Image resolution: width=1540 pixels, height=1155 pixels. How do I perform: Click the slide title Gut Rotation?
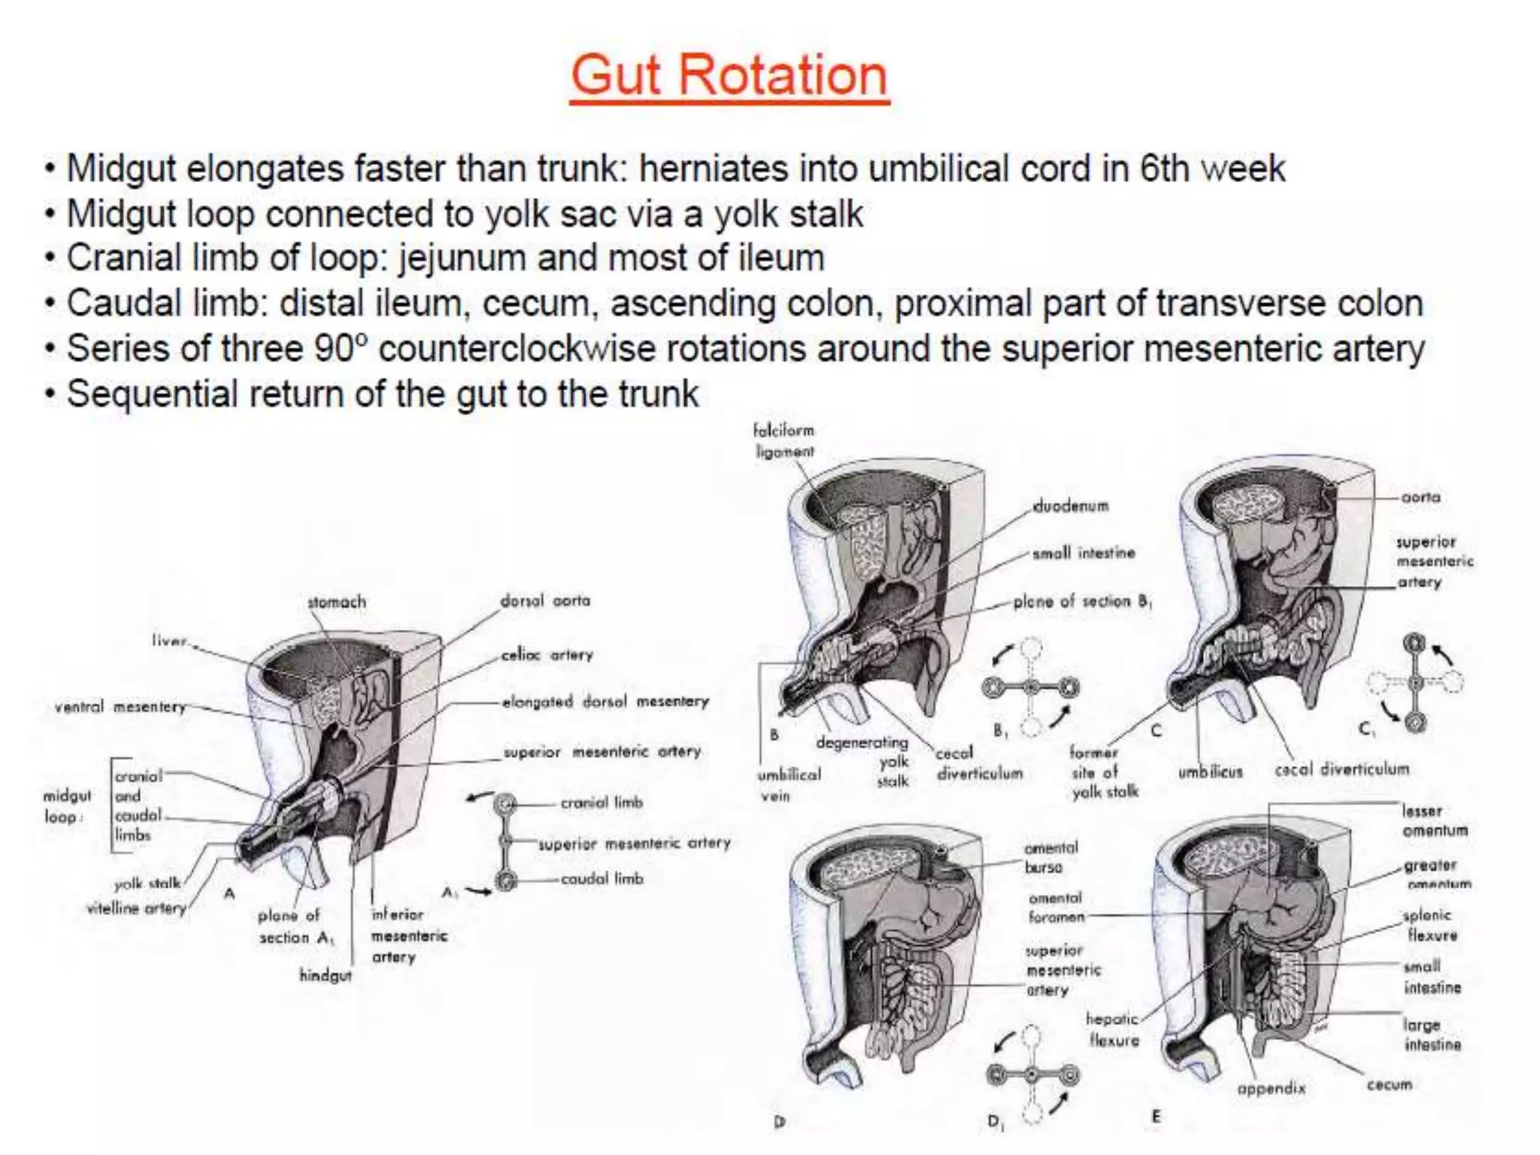click(729, 75)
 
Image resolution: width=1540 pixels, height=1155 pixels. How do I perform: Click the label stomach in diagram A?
click(336, 602)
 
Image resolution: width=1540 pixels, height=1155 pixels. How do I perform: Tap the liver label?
click(168, 641)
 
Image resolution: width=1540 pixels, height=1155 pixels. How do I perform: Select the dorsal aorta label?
click(545, 601)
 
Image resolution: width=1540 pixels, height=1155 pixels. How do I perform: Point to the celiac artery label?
click(547, 655)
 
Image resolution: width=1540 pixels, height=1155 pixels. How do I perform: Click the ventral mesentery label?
click(120, 707)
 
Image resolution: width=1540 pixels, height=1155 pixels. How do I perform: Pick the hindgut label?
click(325, 975)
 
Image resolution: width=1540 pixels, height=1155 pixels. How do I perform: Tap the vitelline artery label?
click(136, 908)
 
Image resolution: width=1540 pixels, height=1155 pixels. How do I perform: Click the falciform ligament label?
click(784, 441)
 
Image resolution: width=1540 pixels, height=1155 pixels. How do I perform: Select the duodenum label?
click(1071, 506)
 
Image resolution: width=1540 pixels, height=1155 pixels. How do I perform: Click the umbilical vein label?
click(789, 784)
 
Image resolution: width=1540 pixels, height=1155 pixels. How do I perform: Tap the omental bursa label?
click(1050, 857)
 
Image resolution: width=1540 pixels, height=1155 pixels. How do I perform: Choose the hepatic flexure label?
click(1113, 1029)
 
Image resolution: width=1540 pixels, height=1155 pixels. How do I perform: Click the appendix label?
click(1271, 1088)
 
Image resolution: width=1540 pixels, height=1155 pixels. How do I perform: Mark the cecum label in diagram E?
click(1389, 1084)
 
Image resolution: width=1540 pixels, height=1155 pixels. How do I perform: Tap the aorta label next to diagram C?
click(1420, 497)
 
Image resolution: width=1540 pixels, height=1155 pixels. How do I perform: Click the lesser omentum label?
click(1434, 820)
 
